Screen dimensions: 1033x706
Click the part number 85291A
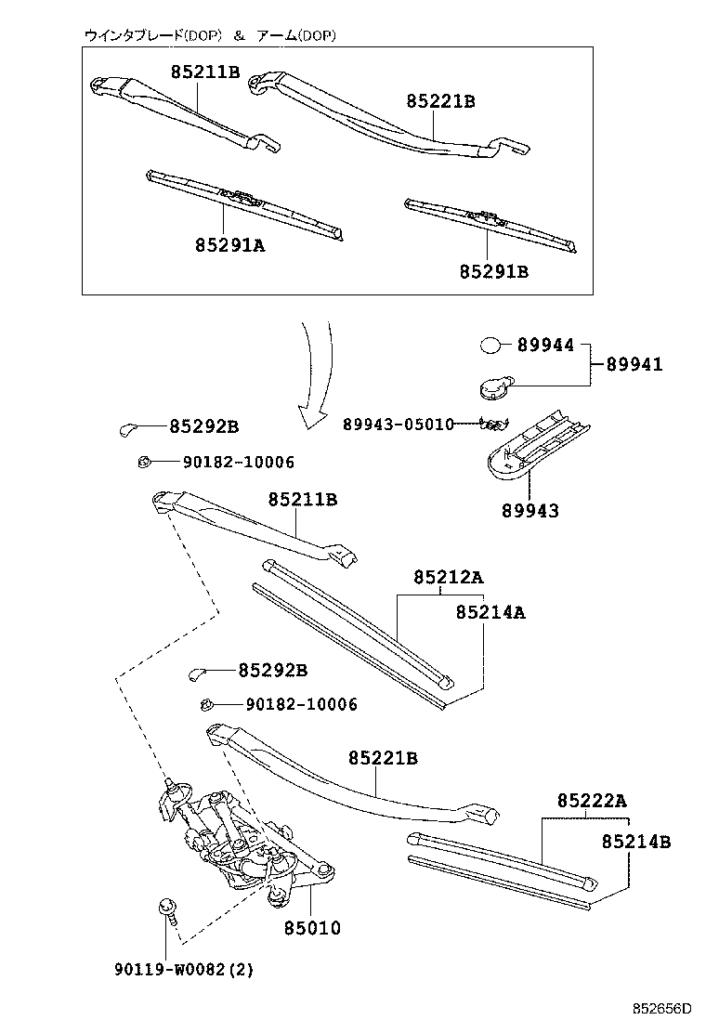(x=229, y=244)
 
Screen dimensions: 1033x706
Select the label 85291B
(x=493, y=271)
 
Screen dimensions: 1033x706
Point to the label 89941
(x=634, y=364)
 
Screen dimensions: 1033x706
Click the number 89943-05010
(x=398, y=425)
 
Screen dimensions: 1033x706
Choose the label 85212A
(x=448, y=577)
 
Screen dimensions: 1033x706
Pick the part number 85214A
(x=490, y=612)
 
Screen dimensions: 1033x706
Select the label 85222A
(x=592, y=800)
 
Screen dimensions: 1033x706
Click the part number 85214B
(x=635, y=842)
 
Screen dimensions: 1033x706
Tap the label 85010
(x=311, y=927)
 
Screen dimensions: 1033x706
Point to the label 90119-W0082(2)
(x=184, y=970)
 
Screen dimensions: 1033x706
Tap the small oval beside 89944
(x=490, y=347)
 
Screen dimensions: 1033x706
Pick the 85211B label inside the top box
(x=204, y=72)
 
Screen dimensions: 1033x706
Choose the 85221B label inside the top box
(x=439, y=102)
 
